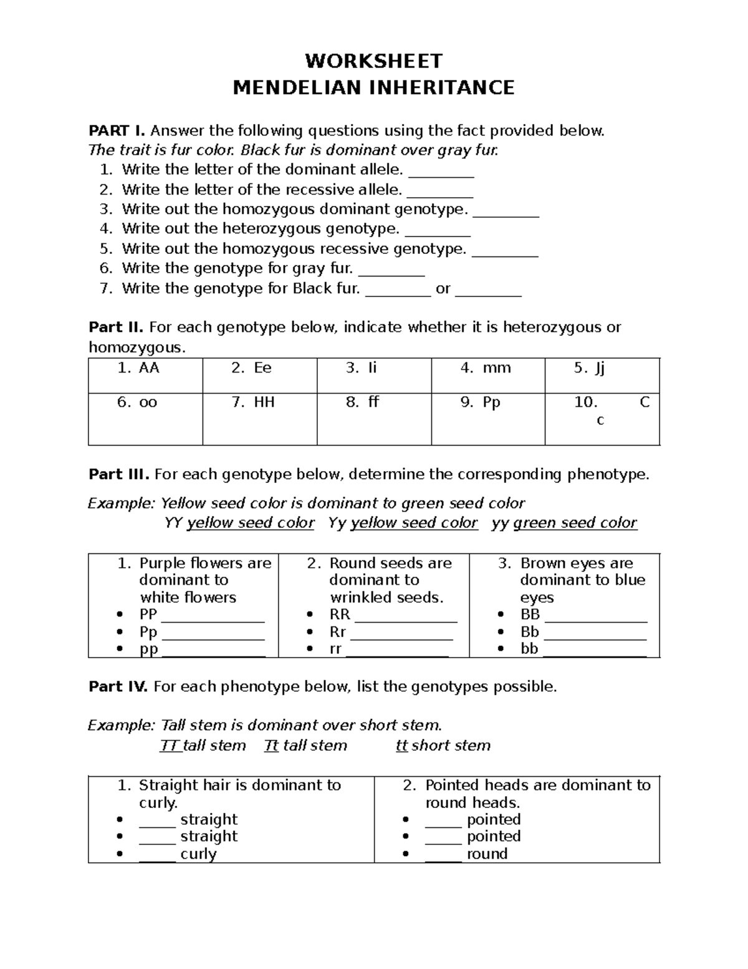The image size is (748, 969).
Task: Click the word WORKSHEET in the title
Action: point(373,61)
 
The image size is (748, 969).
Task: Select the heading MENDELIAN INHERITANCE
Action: point(373,87)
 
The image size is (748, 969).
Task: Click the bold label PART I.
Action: point(117,131)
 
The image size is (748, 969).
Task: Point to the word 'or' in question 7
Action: point(443,289)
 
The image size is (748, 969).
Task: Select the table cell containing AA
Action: point(145,375)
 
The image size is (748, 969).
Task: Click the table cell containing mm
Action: point(487,375)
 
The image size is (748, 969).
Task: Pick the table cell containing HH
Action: point(259,418)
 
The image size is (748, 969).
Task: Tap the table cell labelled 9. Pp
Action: point(487,418)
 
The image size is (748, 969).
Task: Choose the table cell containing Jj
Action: point(602,375)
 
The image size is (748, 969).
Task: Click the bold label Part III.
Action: point(118,475)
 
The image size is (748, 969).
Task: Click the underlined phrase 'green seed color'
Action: point(575,523)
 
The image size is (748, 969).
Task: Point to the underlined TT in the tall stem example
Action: point(170,746)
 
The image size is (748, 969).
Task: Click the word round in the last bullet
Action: point(487,854)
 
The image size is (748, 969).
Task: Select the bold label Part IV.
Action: point(118,687)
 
